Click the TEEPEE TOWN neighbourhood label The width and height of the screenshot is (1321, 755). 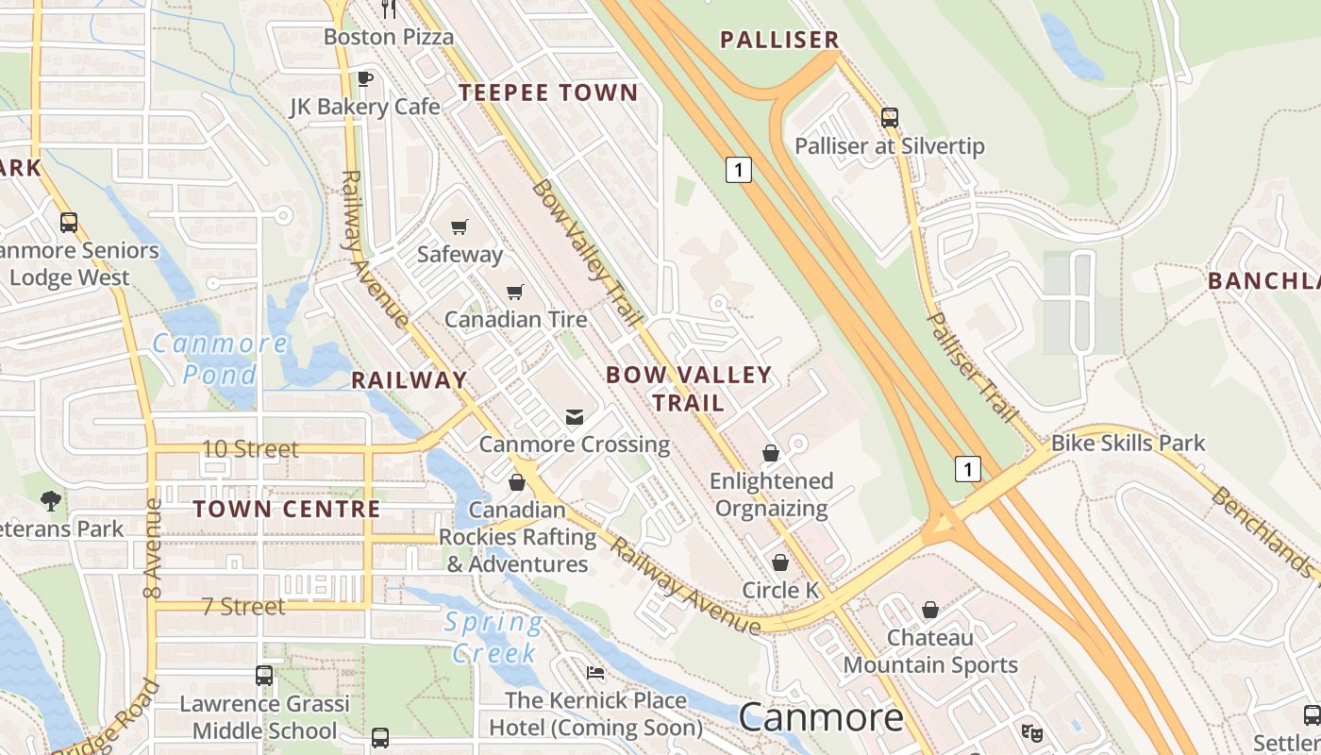coord(548,92)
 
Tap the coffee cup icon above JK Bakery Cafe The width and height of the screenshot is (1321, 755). coord(365,78)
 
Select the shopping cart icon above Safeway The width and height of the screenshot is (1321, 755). coord(460,226)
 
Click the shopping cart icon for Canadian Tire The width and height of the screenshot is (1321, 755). coord(514,293)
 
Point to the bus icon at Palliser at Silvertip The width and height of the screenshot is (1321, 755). coord(889,118)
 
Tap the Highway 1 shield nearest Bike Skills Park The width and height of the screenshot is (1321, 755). coord(967,468)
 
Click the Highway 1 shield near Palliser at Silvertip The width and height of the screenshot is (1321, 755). coord(739,170)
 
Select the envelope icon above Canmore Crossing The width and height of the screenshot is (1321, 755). coord(574,417)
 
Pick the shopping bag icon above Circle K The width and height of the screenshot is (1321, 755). coord(780,563)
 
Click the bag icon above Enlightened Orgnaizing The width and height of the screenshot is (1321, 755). coord(771,454)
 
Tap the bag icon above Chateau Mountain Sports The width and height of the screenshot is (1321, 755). coord(930,611)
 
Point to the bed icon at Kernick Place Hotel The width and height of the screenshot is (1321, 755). coord(595,673)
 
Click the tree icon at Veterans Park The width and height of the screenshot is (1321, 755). coord(51,501)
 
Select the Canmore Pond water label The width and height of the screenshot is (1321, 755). coord(220,359)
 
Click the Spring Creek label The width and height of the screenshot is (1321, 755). coord(493,637)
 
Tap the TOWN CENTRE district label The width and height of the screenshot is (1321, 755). coord(287,509)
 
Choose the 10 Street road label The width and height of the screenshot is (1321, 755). coord(250,449)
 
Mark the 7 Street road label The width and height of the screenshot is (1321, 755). coord(243,606)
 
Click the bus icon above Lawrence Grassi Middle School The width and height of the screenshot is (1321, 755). coord(264,676)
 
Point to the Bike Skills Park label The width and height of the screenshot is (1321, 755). coord(1128,443)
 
